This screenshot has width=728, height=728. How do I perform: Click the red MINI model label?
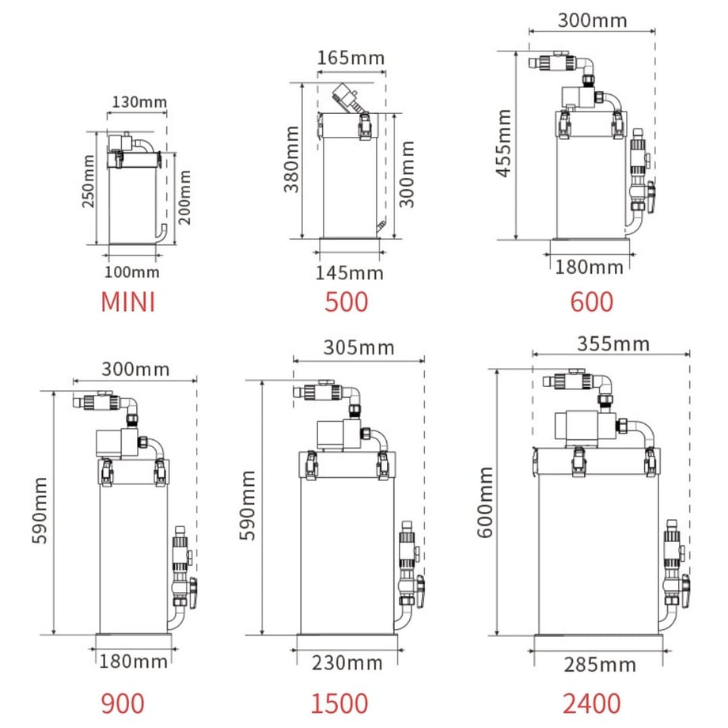127,301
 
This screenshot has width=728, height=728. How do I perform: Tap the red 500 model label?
347,301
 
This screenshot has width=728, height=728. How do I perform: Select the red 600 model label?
592,301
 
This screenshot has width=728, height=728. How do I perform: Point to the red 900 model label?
123,703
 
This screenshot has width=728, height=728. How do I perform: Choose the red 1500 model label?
339,703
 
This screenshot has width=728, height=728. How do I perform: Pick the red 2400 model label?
592,703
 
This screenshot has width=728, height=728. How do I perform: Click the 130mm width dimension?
139,102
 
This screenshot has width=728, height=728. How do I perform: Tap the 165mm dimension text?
351,58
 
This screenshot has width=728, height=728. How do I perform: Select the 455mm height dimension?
504,143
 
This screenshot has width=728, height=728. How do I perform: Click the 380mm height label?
291,159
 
